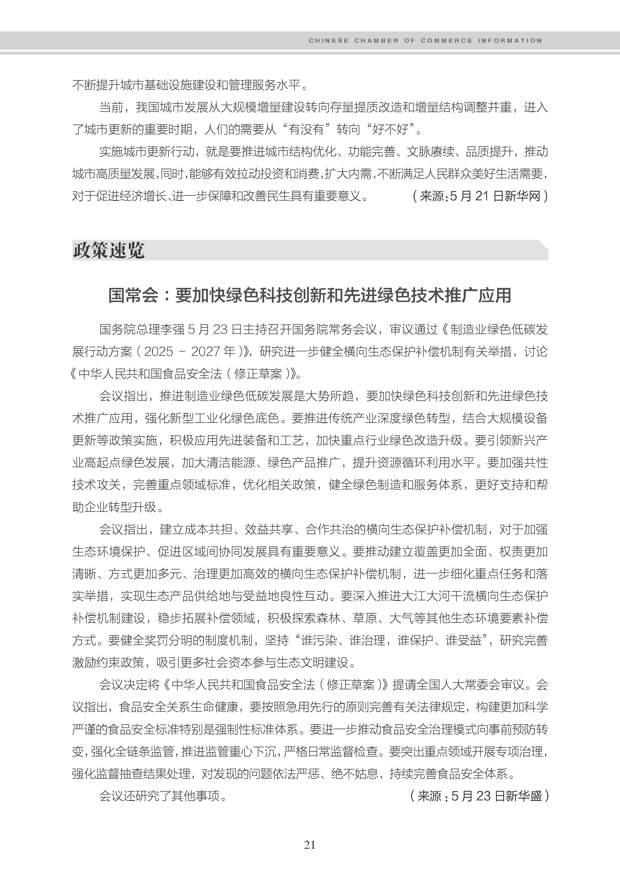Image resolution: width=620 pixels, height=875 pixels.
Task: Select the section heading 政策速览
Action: pyautogui.click(x=109, y=250)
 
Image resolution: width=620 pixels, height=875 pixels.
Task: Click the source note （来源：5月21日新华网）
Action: pyautogui.click(x=480, y=196)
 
